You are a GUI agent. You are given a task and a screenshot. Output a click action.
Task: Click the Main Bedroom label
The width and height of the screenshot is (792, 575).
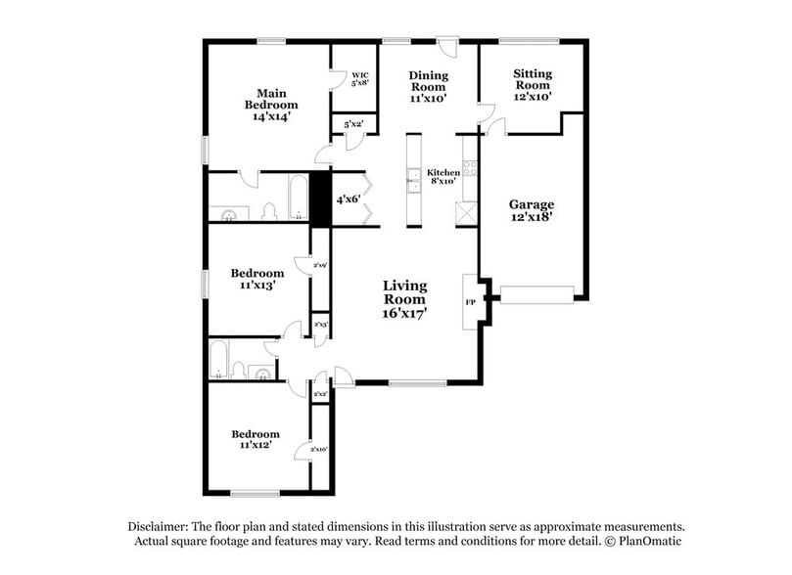(271, 104)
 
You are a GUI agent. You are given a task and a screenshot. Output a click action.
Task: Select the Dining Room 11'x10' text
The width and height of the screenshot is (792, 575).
(428, 87)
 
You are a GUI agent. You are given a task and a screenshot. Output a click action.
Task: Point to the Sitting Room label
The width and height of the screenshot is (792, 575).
(533, 85)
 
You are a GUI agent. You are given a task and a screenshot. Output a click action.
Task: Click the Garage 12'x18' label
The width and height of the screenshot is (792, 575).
(532, 210)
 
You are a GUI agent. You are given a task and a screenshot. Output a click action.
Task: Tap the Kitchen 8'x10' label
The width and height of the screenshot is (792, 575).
(443, 176)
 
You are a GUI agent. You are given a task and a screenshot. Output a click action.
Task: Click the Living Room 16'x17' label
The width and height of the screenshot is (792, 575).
(404, 300)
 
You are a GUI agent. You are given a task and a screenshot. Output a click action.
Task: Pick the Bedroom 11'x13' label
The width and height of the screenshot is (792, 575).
(257, 280)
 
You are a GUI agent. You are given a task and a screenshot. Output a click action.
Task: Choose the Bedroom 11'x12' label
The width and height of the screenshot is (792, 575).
(256, 439)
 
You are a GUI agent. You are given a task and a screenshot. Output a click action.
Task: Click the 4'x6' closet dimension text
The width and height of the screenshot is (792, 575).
(349, 199)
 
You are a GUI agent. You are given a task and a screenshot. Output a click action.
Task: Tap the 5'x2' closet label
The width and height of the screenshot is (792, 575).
(353, 124)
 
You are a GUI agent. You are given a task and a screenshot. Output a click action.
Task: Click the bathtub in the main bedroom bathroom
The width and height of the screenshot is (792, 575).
(295, 199)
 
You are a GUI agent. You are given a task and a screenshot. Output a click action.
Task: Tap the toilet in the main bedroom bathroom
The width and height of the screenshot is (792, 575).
(266, 211)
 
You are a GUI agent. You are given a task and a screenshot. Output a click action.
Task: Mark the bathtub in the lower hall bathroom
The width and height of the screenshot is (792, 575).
(218, 359)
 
